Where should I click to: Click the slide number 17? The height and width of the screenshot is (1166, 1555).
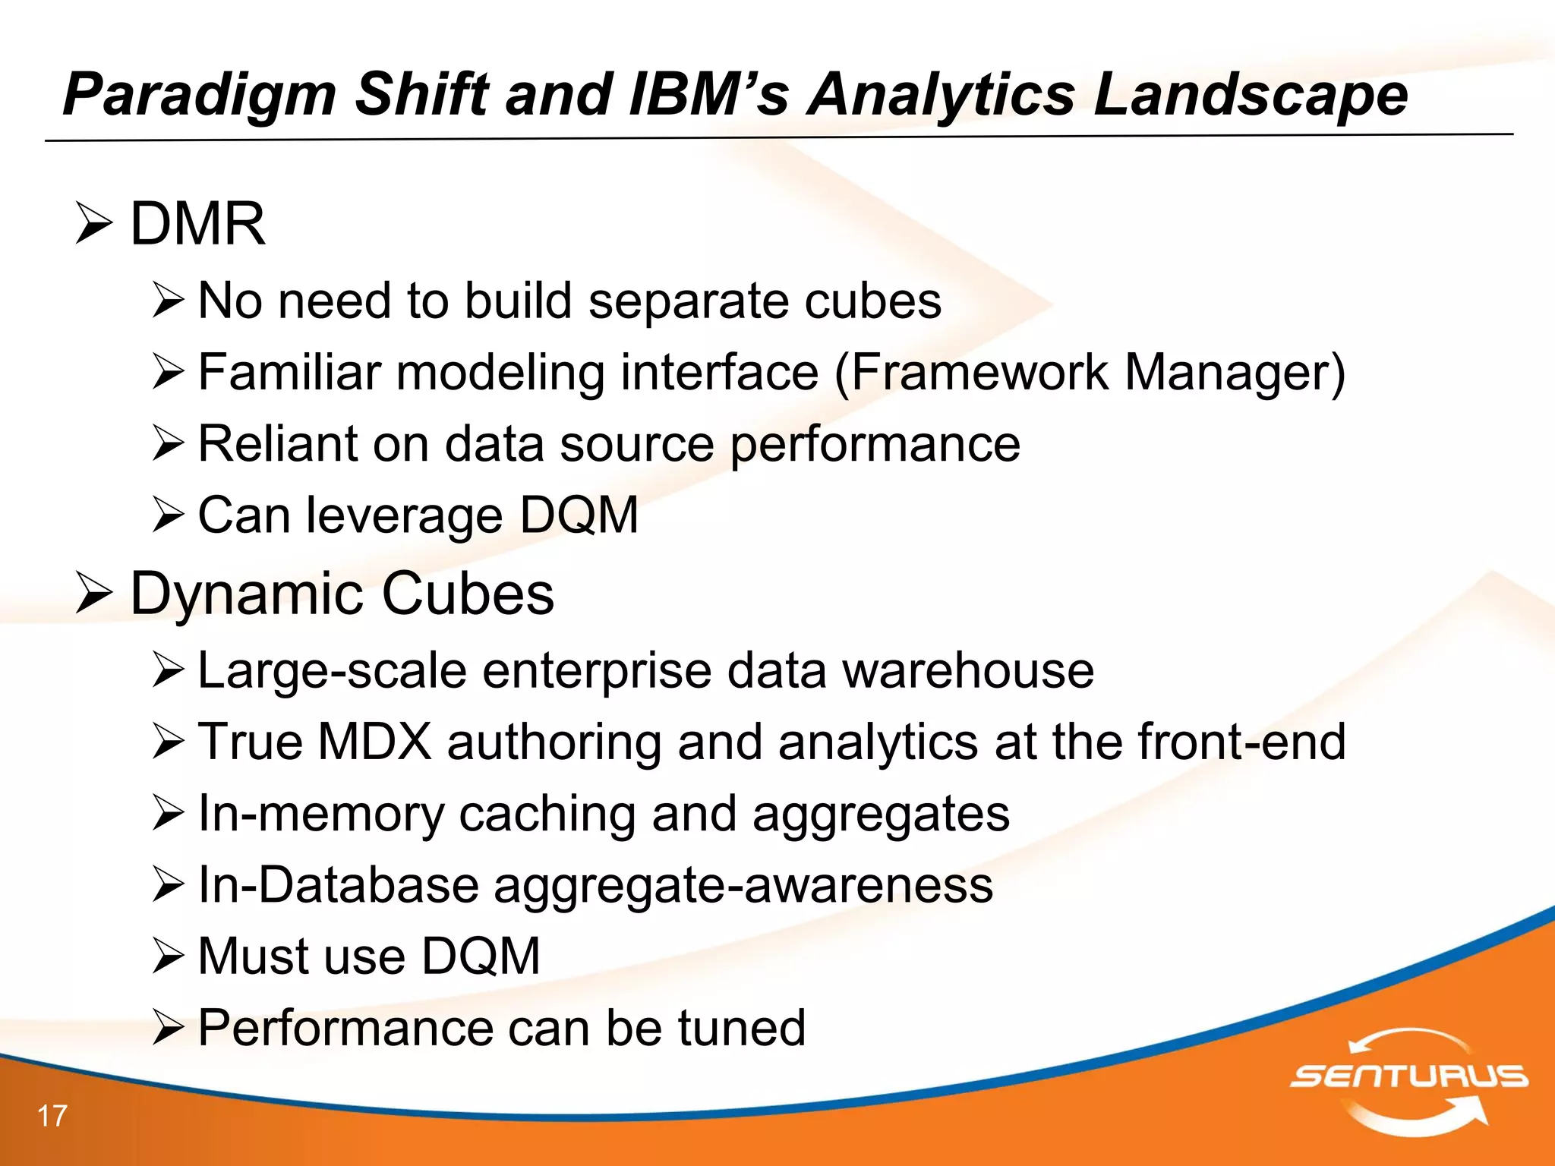(52, 1116)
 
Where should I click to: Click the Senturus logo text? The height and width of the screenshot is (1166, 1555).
(1409, 1076)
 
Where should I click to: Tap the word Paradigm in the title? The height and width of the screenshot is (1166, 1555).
(200, 94)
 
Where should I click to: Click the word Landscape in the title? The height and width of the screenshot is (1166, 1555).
(1250, 94)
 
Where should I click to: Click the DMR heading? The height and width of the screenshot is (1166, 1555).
(197, 224)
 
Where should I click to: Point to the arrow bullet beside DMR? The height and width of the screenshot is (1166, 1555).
(94, 225)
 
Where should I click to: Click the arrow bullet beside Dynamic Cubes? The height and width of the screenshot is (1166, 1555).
(94, 594)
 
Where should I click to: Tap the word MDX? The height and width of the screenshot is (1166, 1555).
(374, 742)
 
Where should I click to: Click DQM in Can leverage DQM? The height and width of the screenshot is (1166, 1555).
(579, 515)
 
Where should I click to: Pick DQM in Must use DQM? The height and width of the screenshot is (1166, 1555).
(481, 956)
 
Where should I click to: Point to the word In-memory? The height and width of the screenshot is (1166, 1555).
(320, 814)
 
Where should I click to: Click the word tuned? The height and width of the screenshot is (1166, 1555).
(741, 1028)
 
